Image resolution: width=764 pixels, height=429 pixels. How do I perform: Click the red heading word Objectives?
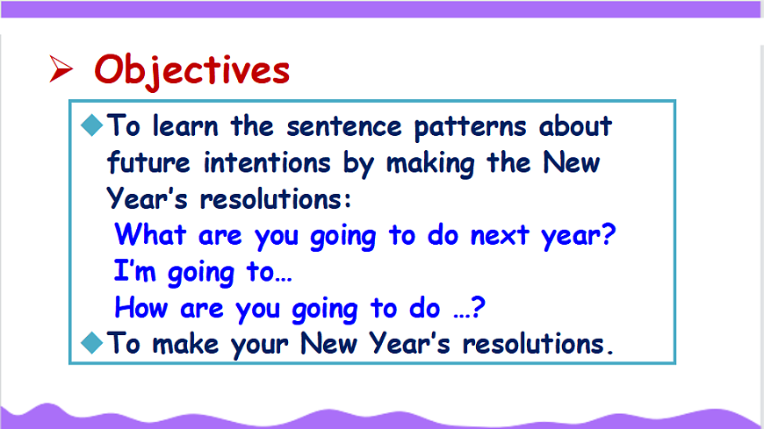pos(192,71)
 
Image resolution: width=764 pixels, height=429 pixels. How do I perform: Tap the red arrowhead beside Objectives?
pos(61,68)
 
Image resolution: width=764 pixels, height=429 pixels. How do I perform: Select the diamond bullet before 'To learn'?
pos(91,125)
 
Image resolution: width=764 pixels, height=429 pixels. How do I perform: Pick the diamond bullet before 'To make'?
pos(91,342)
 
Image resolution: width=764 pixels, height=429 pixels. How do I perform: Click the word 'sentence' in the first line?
pos(344,126)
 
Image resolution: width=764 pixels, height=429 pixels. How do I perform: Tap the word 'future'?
pos(148,162)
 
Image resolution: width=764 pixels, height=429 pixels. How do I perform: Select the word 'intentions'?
pos(267,163)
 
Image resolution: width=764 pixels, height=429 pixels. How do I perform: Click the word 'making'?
pos(430,163)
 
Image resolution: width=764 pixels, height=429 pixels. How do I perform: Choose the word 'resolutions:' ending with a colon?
pos(275,199)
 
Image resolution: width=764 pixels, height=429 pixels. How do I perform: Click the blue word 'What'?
pos(150,235)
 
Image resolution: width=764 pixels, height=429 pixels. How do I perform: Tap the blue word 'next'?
pos(500,236)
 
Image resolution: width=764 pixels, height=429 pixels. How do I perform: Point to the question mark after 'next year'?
pos(609,235)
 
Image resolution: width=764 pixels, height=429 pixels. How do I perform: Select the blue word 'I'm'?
pos(135,271)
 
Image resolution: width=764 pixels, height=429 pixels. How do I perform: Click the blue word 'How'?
pos(141,308)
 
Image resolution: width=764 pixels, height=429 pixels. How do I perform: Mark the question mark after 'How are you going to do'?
pos(479,307)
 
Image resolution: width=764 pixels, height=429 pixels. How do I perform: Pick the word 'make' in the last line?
pos(185,344)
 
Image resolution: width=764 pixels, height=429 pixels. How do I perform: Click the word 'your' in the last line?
pos(260,346)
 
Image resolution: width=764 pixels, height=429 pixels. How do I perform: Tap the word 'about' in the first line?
pos(575,126)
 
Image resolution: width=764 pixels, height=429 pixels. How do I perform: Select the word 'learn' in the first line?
pos(185,126)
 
